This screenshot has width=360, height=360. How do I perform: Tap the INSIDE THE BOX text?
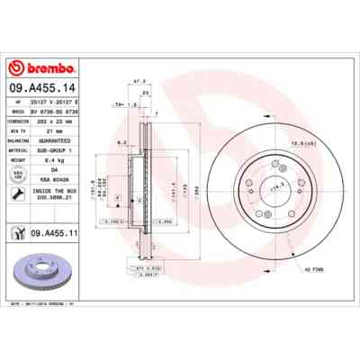58,192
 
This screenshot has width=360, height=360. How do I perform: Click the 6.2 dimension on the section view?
121,141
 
